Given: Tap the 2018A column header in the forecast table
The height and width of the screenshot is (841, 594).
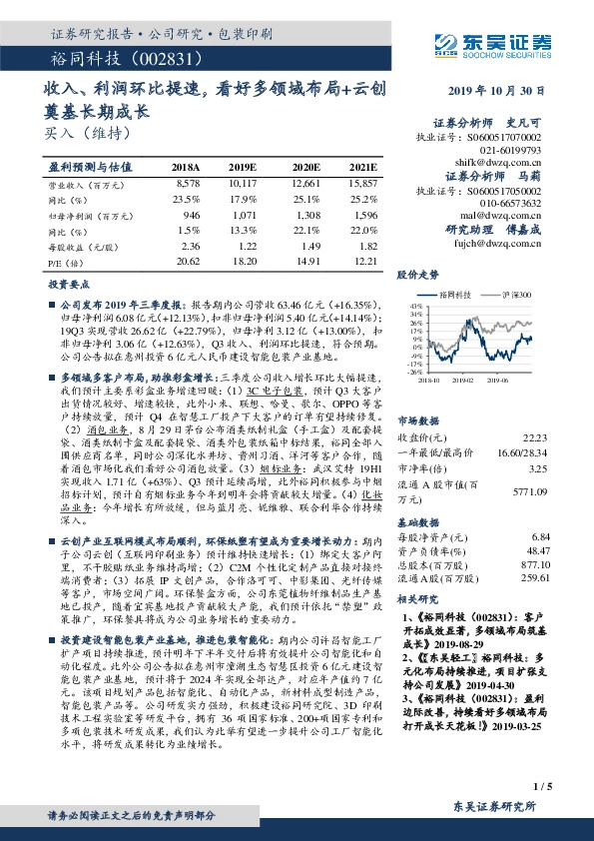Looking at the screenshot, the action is tap(186, 167).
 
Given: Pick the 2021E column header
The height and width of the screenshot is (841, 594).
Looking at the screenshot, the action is tap(362, 167).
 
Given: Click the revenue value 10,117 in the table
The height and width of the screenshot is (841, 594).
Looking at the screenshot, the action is tap(244, 186).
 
